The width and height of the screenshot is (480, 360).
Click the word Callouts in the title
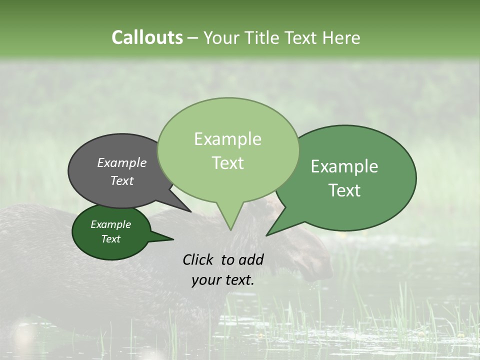[x=147, y=37]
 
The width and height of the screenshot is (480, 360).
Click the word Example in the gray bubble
[x=121, y=162]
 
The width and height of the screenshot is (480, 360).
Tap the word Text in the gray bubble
[x=121, y=180]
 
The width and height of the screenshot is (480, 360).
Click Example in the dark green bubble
[x=110, y=224]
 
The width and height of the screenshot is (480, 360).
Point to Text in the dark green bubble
[x=110, y=239]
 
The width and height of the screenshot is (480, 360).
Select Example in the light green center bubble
[x=227, y=139]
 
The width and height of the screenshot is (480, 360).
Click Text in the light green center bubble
[x=227, y=163]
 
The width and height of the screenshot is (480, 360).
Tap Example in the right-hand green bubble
[x=344, y=166]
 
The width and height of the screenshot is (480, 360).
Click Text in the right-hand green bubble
[x=344, y=190]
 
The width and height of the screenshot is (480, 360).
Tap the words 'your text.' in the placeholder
[x=223, y=280]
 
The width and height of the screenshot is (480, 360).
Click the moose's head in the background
[x=310, y=260]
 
